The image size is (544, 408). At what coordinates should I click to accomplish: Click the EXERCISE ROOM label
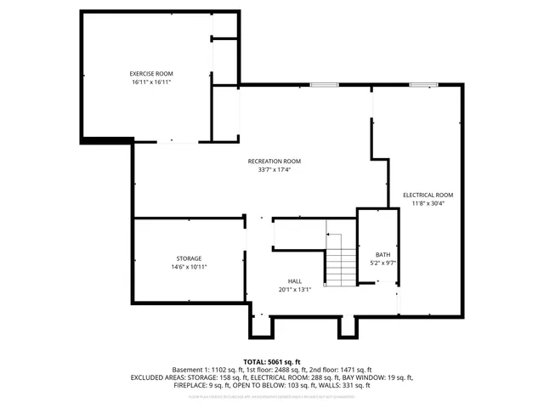click(x=151, y=74)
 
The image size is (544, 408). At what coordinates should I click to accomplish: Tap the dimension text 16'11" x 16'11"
click(x=151, y=82)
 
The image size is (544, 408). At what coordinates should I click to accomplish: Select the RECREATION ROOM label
click(x=274, y=161)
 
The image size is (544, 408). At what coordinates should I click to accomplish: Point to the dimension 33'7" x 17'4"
click(x=274, y=169)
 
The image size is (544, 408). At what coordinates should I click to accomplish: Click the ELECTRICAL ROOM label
click(x=428, y=195)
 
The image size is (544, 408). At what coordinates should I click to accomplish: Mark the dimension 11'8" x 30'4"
click(x=428, y=203)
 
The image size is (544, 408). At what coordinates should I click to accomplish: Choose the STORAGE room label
click(x=189, y=258)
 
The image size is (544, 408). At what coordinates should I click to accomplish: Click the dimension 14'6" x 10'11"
click(x=189, y=266)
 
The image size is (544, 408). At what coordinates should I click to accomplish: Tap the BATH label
click(x=382, y=253)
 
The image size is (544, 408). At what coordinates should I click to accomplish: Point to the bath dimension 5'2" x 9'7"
click(x=382, y=262)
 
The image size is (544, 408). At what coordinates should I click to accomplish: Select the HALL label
click(x=294, y=280)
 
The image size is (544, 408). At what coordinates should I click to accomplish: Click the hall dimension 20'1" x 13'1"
click(x=294, y=289)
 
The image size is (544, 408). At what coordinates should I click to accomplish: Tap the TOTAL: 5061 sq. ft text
click(x=272, y=361)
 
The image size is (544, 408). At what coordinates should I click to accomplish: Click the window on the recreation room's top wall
click(x=322, y=85)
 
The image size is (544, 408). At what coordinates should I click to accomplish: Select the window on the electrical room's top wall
click(x=422, y=85)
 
